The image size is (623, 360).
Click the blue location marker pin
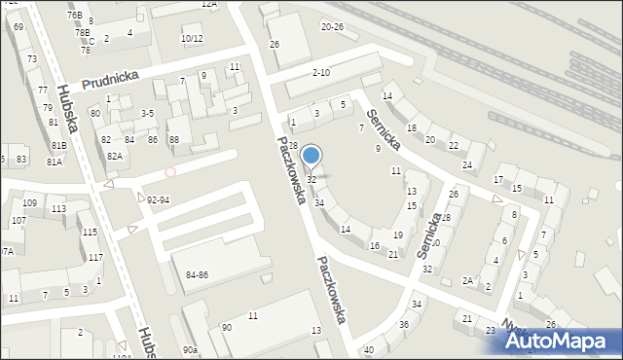(x=311, y=156)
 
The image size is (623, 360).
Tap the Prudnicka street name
(x=110, y=79)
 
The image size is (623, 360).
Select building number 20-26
(x=333, y=26)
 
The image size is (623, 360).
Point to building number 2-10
(x=321, y=73)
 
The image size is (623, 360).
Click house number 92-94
(x=158, y=199)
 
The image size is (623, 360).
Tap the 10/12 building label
(x=192, y=39)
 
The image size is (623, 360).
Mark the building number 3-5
(x=147, y=114)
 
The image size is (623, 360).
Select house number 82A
(x=115, y=156)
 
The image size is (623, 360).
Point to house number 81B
(x=58, y=146)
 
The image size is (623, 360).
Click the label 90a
(x=190, y=349)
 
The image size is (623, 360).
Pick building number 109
(x=29, y=202)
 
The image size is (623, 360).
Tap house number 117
(x=95, y=257)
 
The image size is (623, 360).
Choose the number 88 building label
(x=174, y=140)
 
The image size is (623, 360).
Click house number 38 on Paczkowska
(x=292, y=145)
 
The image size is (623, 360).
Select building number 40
(x=368, y=349)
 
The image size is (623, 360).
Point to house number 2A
(x=468, y=281)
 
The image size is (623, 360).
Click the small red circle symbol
(x=170, y=171)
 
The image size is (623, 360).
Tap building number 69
(x=19, y=27)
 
